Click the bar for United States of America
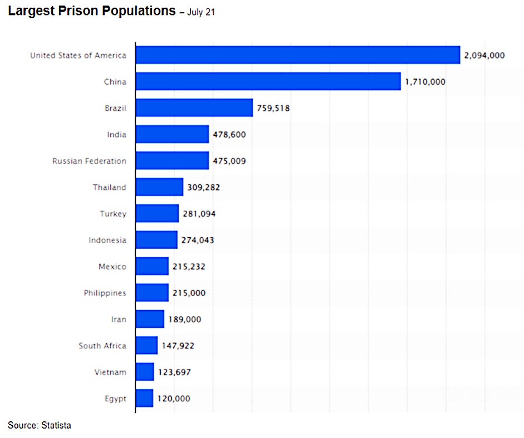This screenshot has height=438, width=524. [x=298, y=55]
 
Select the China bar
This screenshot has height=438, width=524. [x=268, y=81]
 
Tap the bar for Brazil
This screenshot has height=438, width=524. [x=194, y=108]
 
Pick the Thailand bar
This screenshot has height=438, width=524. [x=159, y=187]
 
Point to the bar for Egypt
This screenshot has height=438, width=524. [x=144, y=398]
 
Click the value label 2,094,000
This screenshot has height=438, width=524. [x=484, y=55]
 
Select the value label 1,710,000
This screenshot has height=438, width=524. [x=425, y=82]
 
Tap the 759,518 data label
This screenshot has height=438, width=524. [x=273, y=108]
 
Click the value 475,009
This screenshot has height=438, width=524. [x=229, y=161]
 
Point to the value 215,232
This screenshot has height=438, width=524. [x=189, y=267]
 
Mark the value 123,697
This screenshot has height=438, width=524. [x=174, y=372]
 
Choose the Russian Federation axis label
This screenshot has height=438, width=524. [x=89, y=161]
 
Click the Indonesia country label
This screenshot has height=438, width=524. [x=107, y=240]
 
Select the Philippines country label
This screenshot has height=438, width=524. [x=105, y=293]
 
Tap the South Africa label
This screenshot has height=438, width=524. [x=102, y=346]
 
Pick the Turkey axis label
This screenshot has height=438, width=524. [x=113, y=214]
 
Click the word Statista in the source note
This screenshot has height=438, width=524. [x=56, y=426]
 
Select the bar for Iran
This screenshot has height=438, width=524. [x=150, y=319]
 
